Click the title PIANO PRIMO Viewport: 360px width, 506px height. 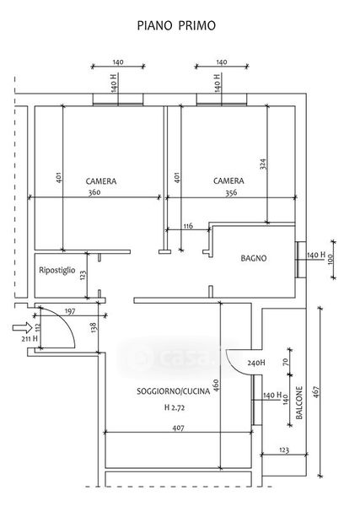[176, 26]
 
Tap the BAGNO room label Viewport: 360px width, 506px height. [254, 258]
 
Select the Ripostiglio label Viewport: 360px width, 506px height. [57, 270]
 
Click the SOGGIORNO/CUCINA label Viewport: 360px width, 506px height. [173, 391]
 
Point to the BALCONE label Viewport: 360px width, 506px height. [299, 403]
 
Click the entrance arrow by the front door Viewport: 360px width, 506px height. [22, 328]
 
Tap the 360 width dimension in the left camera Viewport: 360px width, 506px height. [94, 192]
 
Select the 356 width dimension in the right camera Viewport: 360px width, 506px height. [231, 192]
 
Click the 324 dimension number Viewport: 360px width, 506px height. [264, 164]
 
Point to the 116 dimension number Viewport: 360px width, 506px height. [188, 226]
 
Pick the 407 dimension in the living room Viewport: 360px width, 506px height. [178, 428]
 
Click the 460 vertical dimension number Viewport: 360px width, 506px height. [216, 385]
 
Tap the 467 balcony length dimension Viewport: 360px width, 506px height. [315, 392]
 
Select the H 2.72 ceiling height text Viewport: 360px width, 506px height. [175, 407]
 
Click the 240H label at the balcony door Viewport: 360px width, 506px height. [256, 363]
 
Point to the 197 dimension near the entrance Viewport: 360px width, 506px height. [70, 311]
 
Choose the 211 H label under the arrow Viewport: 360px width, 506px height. [30, 339]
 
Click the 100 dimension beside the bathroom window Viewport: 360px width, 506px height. [330, 260]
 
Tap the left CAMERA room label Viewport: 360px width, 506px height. [101, 181]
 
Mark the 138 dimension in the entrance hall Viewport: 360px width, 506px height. [94, 328]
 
